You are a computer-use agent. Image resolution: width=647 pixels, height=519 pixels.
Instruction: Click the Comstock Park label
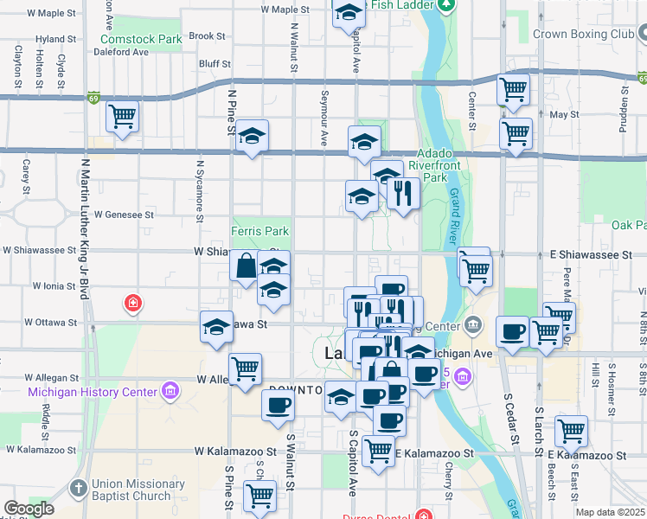tap(141, 39)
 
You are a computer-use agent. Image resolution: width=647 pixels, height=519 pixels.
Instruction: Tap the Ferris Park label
tap(259, 231)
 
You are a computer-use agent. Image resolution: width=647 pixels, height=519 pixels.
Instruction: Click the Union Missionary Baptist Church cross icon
tap(79, 489)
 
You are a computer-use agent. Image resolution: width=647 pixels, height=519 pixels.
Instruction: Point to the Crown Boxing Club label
tap(584, 34)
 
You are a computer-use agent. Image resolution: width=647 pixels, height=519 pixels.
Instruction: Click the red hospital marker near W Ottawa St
tap(132, 303)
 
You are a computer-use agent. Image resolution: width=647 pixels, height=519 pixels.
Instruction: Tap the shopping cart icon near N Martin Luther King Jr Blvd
tap(122, 116)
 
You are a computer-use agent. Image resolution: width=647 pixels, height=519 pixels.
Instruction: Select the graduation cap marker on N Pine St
tap(252, 137)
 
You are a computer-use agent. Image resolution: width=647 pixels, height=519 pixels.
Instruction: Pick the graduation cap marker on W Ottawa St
tap(216, 327)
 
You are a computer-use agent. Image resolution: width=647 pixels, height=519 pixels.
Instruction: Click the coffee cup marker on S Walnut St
tap(278, 405)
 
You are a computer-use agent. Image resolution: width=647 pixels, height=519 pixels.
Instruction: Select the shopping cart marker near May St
tap(516, 134)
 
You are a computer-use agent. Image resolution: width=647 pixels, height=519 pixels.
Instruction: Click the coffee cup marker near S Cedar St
tap(513, 331)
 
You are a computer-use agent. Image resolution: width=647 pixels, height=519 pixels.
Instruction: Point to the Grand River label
tap(452, 221)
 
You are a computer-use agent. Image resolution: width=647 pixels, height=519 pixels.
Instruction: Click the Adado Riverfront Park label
tap(446, 164)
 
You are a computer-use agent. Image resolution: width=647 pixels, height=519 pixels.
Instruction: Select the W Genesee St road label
tap(124, 214)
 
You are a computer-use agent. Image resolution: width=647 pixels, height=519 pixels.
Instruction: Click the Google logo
tap(29, 509)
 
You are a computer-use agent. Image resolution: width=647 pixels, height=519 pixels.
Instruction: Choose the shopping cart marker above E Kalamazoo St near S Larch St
tap(571, 430)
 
